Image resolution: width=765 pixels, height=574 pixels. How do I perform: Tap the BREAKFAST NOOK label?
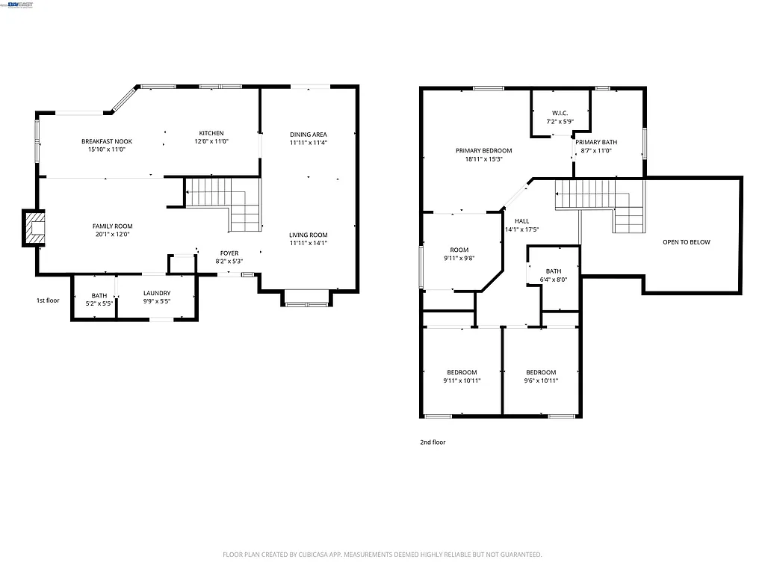[x=106, y=141]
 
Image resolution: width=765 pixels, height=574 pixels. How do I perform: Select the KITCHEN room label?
[x=211, y=133]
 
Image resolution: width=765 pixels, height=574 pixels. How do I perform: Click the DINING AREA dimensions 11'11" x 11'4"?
[x=309, y=142]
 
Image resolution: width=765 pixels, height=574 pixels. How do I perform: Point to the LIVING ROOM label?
[x=309, y=235]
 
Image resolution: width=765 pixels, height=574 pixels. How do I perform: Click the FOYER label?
[x=229, y=253]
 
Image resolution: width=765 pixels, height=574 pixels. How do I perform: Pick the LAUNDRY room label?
[x=157, y=293]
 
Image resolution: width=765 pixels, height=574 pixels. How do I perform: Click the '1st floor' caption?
[x=47, y=300]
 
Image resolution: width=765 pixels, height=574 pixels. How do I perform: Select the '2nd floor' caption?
[x=433, y=442]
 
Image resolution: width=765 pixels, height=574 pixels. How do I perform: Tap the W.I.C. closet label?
[x=560, y=114]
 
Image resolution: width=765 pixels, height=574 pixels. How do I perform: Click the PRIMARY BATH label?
[x=596, y=142]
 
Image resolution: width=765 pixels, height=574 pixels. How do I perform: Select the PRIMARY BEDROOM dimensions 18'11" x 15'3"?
[x=484, y=158]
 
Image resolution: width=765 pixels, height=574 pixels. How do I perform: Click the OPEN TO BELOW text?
[x=687, y=242]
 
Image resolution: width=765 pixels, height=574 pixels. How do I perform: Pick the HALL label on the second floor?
[x=521, y=221]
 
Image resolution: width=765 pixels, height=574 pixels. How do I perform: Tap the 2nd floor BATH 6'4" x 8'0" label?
[x=554, y=276]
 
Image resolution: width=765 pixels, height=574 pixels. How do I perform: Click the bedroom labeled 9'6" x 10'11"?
[x=541, y=377]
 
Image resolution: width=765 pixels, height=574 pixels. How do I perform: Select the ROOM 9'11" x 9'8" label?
[x=459, y=254]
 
